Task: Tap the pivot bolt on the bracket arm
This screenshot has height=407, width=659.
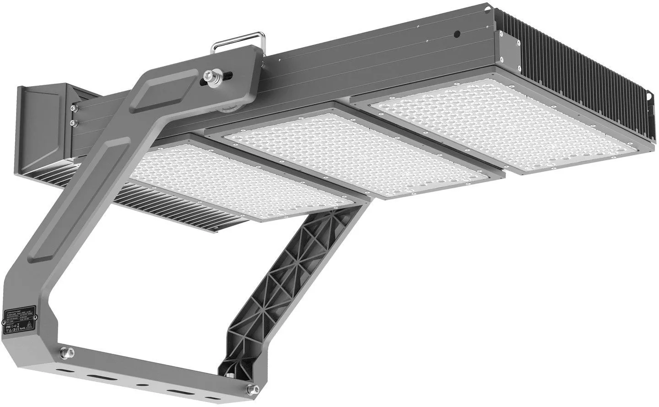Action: coord(212,75)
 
